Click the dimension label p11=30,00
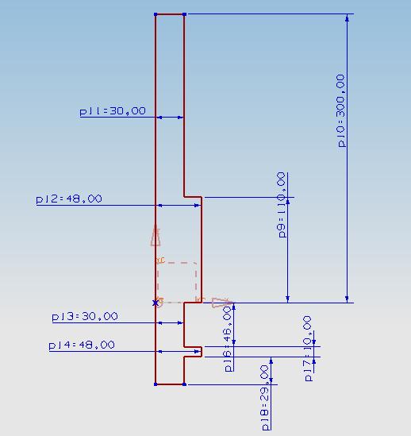(x=113, y=111)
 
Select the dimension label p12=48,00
(x=69, y=199)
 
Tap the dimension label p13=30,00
(x=85, y=316)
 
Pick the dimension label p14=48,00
(x=82, y=345)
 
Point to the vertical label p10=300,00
(x=341, y=110)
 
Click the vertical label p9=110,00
(x=282, y=205)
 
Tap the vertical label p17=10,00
(x=308, y=349)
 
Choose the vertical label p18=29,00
(x=265, y=398)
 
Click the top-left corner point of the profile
(x=156, y=14)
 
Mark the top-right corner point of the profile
(x=184, y=14)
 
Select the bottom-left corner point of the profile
(x=156, y=384)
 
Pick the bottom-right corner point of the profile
(x=184, y=384)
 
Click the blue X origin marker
(x=156, y=303)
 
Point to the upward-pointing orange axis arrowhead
(x=156, y=236)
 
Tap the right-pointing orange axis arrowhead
(x=222, y=303)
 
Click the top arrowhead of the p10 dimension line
(x=347, y=18)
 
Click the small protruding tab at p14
(x=193, y=352)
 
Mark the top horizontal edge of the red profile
(x=170, y=14)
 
